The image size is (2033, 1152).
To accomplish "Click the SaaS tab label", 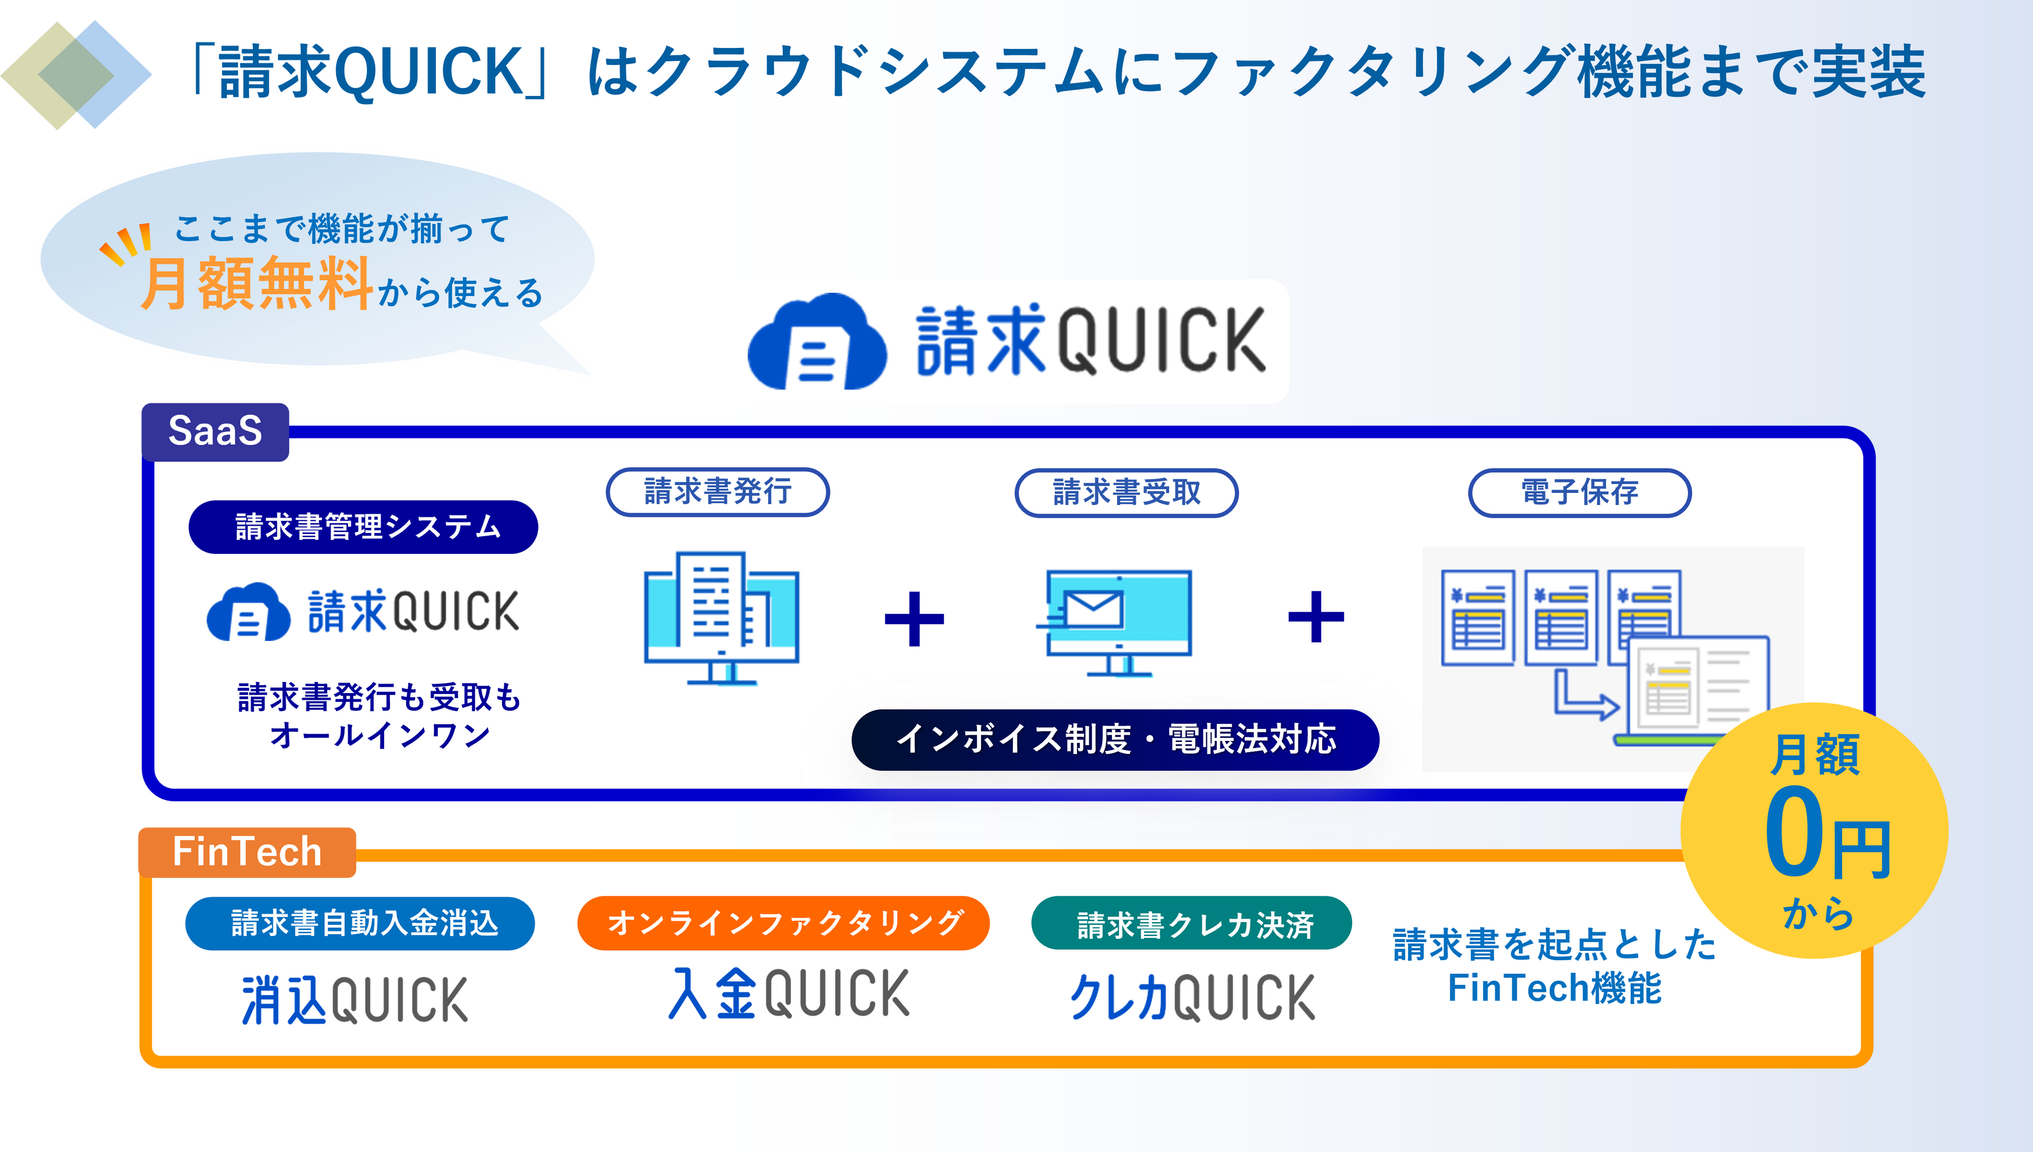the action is (x=214, y=431).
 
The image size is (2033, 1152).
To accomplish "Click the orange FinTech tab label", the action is (x=247, y=852).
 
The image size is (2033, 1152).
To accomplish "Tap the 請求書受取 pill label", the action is (x=1126, y=493).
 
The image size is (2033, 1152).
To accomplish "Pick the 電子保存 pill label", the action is (x=1579, y=493).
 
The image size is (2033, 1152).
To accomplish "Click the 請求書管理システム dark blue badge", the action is (x=363, y=527).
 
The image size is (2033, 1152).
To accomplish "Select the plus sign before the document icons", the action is (x=1316, y=616).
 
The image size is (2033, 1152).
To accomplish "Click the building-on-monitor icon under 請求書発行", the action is (x=721, y=617).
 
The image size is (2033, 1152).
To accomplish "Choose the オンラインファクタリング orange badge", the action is (x=783, y=923).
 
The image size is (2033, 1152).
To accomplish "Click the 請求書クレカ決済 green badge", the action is (x=1192, y=923).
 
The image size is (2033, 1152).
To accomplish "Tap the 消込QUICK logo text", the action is (x=356, y=1000).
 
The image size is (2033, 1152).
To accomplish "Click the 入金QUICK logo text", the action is (x=789, y=994).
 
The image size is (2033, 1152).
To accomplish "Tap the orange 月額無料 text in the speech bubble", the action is (x=256, y=284).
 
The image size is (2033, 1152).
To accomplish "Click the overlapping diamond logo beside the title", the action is (x=77, y=75).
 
